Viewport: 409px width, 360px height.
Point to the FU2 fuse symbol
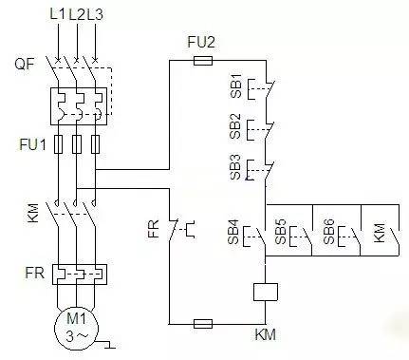(201, 59)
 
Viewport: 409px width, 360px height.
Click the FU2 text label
(201, 42)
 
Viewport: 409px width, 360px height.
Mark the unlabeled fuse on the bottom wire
(201, 323)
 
